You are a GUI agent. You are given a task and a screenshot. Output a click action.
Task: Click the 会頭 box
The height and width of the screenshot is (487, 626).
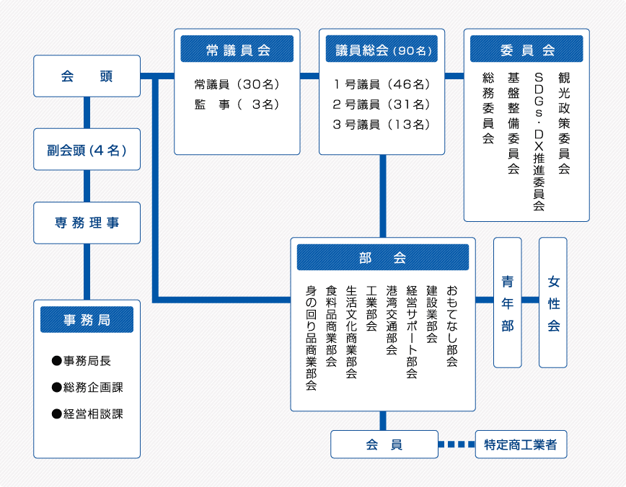tap(87, 76)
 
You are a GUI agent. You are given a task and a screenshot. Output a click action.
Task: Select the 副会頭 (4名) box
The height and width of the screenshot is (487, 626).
tap(87, 150)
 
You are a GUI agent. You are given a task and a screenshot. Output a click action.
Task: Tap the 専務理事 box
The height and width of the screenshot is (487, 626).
tap(87, 223)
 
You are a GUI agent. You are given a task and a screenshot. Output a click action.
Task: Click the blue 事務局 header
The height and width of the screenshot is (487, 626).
tap(87, 319)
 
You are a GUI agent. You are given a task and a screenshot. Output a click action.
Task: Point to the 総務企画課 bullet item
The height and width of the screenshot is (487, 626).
tap(87, 388)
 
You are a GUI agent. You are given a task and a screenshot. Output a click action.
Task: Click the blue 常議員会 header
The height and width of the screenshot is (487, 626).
tap(237, 50)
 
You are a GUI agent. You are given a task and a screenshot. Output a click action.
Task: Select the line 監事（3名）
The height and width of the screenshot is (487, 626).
tap(237, 104)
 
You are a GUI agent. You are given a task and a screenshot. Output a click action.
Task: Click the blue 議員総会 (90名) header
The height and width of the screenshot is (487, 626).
tap(382, 50)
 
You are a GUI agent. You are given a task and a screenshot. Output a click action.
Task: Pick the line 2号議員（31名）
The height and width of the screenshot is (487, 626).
tap(382, 104)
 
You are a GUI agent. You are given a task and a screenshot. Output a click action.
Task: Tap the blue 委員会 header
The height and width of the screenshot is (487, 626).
tap(526, 50)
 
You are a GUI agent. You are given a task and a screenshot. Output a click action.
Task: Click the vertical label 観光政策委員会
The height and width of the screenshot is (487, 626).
tap(563, 122)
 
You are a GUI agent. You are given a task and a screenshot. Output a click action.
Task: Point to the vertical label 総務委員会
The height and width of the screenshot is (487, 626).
tap(488, 108)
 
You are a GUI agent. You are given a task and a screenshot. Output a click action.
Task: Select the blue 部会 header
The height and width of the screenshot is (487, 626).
tap(382, 257)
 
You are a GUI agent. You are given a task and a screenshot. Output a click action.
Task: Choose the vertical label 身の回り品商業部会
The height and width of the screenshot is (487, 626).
tap(312, 337)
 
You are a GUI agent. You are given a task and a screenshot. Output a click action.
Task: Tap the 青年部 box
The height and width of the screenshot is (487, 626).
tap(508, 303)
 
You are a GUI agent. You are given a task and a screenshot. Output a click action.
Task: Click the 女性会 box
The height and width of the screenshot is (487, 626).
tap(553, 303)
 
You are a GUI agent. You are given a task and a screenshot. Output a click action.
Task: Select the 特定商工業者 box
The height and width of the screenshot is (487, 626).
tap(521, 444)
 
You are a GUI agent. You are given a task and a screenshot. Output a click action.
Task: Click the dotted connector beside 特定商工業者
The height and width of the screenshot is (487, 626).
tap(457, 444)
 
